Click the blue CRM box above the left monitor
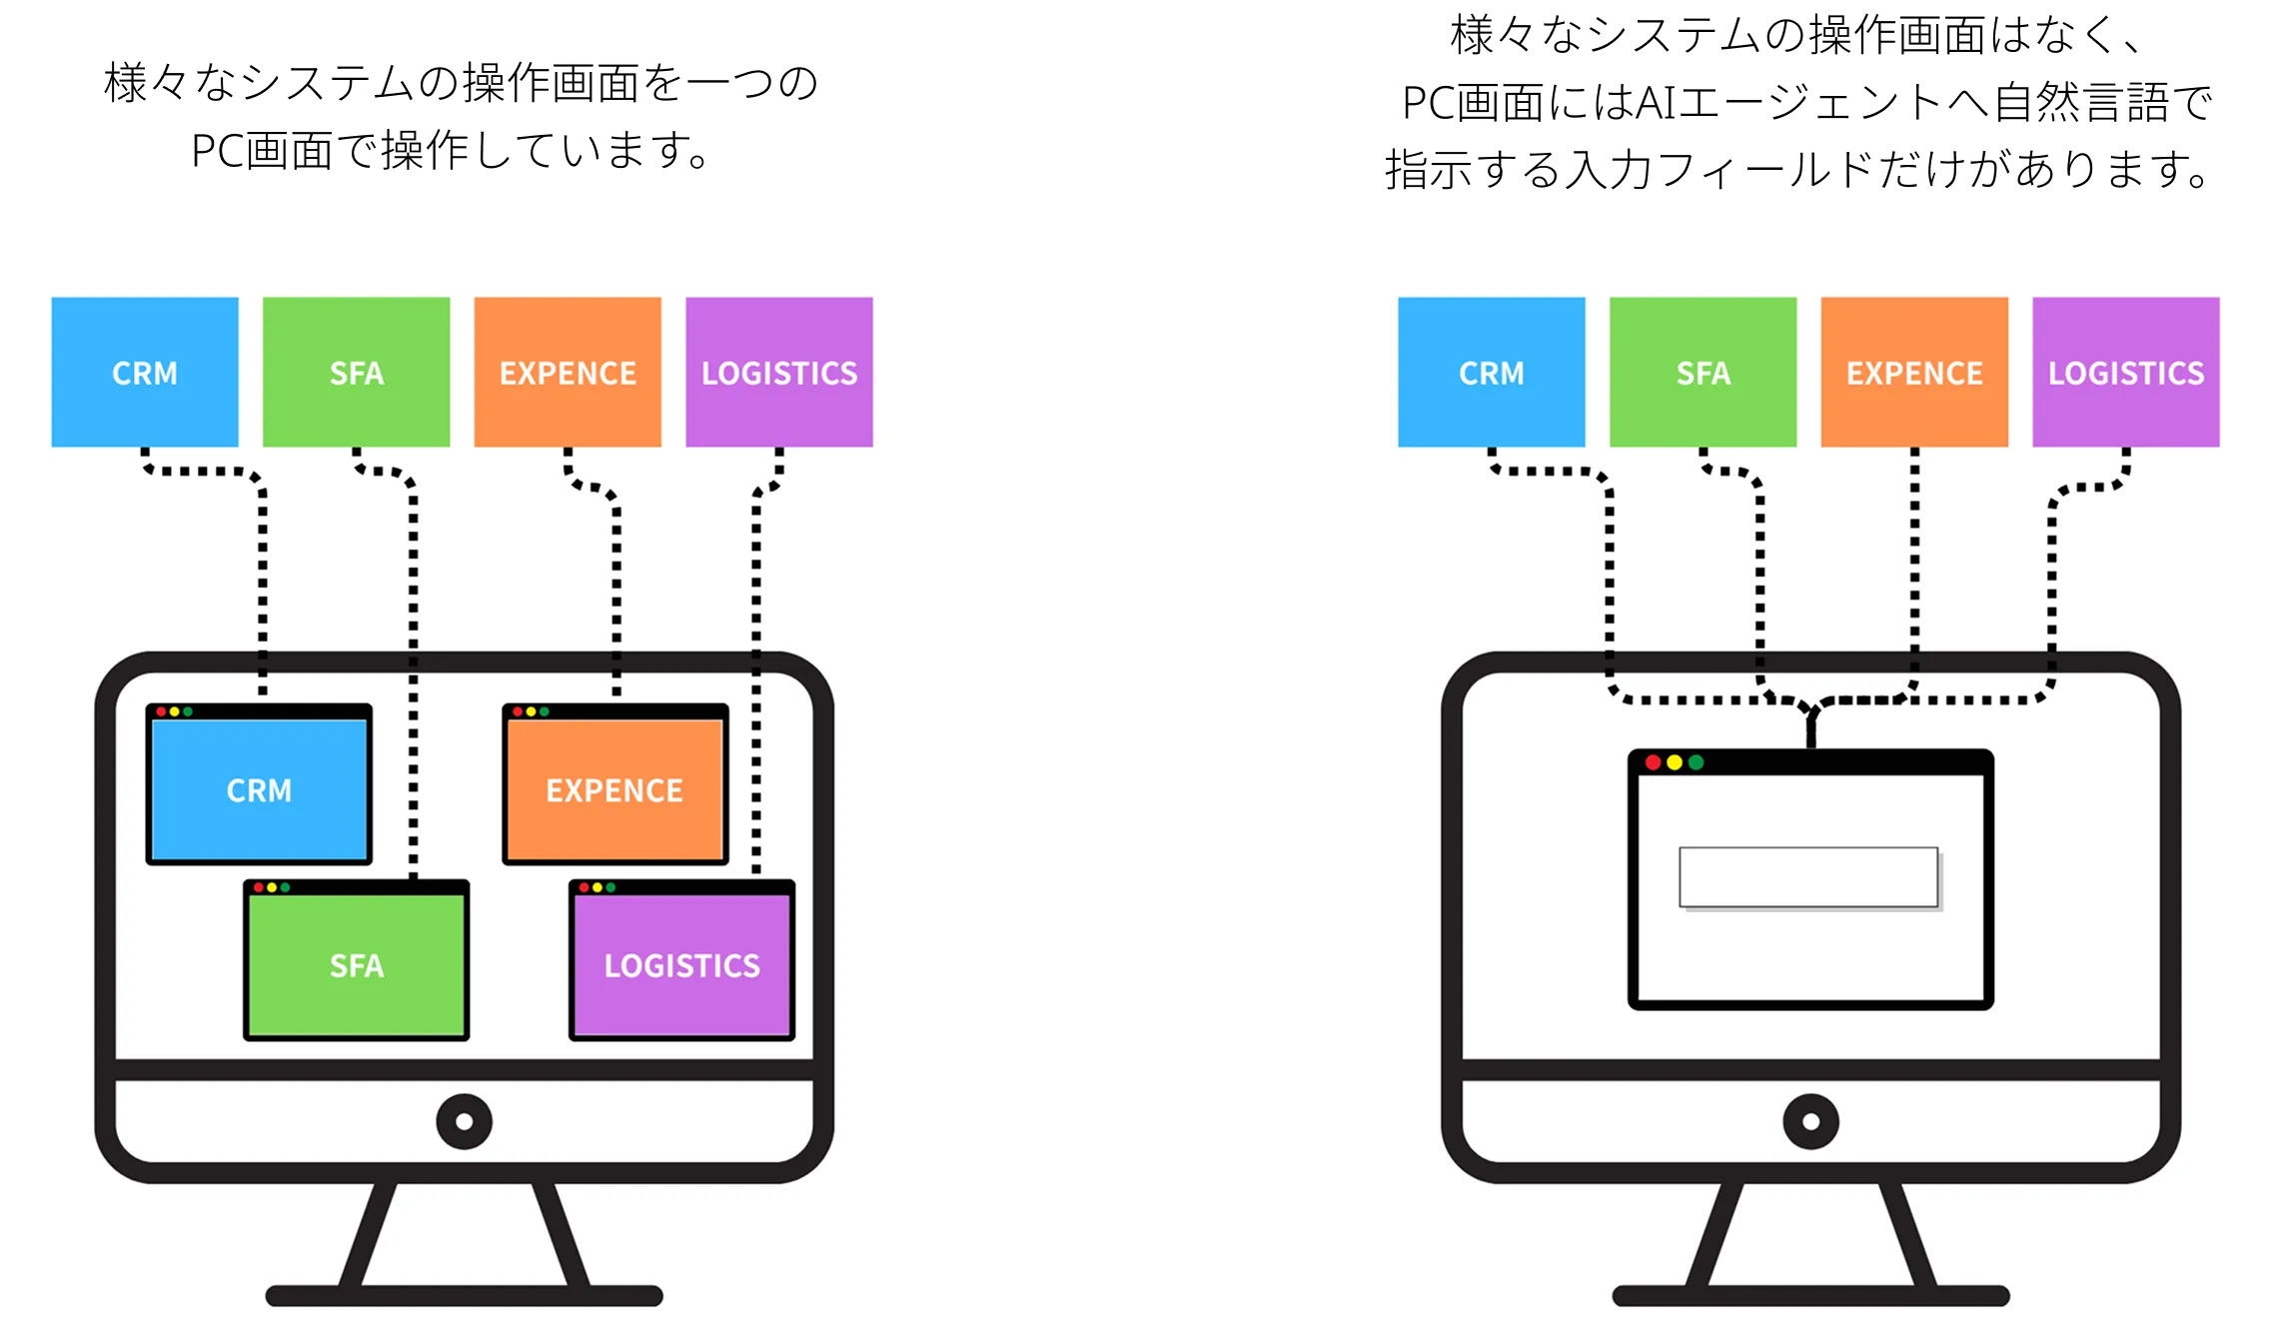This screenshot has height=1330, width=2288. click(x=145, y=372)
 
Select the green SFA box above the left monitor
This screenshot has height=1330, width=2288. click(x=356, y=372)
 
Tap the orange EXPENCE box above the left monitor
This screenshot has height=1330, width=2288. click(x=568, y=372)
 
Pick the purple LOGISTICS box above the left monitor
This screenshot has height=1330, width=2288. click(x=779, y=372)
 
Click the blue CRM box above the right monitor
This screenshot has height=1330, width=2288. click(x=1491, y=372)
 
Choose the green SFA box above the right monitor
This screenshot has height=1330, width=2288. click(x=1703, y=372)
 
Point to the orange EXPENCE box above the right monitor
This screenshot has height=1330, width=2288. click(x=1914, y=372)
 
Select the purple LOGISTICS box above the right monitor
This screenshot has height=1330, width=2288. click(x=2126, y=372)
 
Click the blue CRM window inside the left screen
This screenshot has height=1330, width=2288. click(x=259, y=789)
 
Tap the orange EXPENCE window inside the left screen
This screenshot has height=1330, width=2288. click(x=614, y=789)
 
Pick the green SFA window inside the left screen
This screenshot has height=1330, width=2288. click(x=356, y=965)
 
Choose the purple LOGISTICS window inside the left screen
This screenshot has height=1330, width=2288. click(x=681, y=965)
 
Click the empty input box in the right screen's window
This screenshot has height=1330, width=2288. click(x=1808, y=877)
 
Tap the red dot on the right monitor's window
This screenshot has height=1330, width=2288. click(x=1653, y=762)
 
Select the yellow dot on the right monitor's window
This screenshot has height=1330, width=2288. click(x=1675, y=762)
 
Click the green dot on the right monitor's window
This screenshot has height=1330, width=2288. click(x=1696, y=762)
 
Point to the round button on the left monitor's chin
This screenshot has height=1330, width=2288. click(x=464, y=1121)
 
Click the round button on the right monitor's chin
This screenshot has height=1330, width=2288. click(x=1810, y=1121)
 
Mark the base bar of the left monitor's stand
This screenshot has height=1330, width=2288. click(x=464, y=1296)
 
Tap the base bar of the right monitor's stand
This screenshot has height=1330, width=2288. click(x=1810, y=1296)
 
